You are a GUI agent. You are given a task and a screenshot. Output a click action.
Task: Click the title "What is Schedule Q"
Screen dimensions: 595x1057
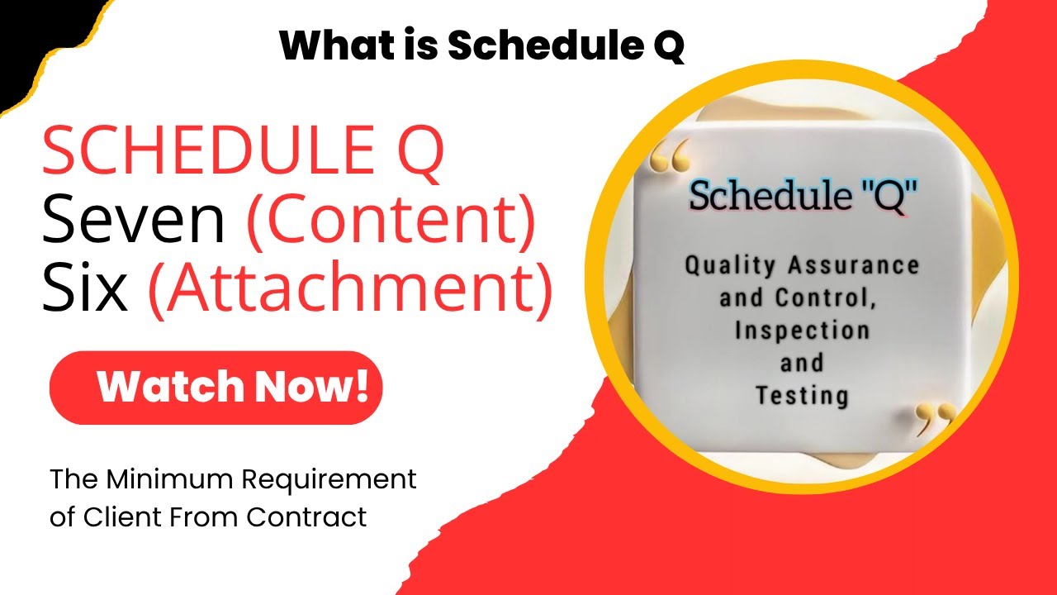481,46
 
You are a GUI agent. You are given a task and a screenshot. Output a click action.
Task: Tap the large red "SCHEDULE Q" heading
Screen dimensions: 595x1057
243,153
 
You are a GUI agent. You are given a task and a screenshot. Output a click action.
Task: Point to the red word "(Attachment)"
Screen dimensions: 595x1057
350,290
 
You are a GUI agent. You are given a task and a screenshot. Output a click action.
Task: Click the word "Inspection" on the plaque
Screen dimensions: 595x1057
802,331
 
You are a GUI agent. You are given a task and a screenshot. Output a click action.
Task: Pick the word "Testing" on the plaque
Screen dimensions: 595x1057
802,395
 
